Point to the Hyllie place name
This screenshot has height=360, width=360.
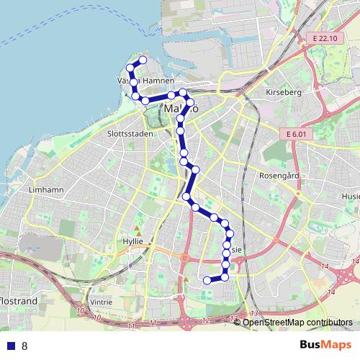point(133,242)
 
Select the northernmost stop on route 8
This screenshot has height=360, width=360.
point(143,60)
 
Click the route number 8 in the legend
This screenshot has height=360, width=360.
point(24,346)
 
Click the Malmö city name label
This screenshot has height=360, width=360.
point(179,108)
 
